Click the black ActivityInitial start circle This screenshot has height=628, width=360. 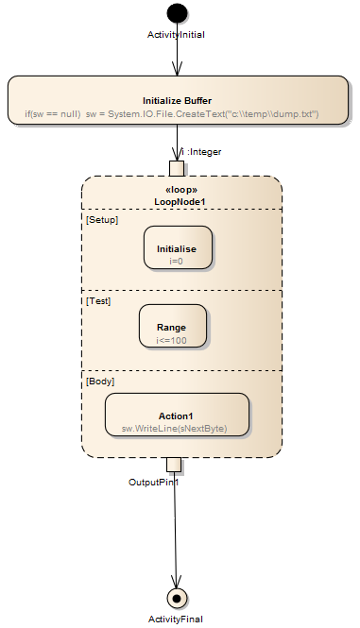point(177,13)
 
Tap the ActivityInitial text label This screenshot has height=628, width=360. point(177,35)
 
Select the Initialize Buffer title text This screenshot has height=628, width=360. point(177,100)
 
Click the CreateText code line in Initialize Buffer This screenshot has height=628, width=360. point(172,114)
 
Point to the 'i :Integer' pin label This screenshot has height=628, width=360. point(201,151)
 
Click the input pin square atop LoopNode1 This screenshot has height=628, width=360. point(177,168)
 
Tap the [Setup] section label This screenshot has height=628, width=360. point(101,218)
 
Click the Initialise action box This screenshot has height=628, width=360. point(177,247)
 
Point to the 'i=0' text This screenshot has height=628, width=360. point(177,261)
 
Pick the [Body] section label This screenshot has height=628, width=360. point(100,382)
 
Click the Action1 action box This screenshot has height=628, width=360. point(177,415)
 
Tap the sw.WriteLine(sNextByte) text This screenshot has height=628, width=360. point(176,429)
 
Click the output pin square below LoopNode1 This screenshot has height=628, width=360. point(174,465)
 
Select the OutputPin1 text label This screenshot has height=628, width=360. point(154,482)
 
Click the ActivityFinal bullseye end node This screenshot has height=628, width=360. point(176,597)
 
